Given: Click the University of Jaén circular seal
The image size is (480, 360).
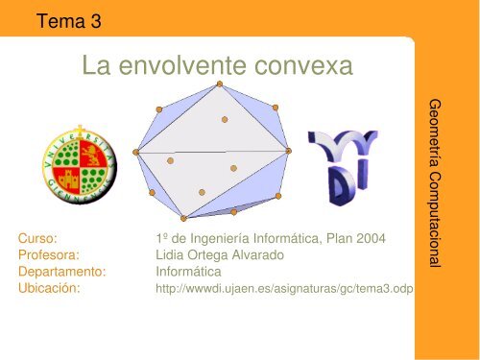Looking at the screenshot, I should point(79,162).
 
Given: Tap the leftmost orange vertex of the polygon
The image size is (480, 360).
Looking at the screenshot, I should point(137,151).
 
